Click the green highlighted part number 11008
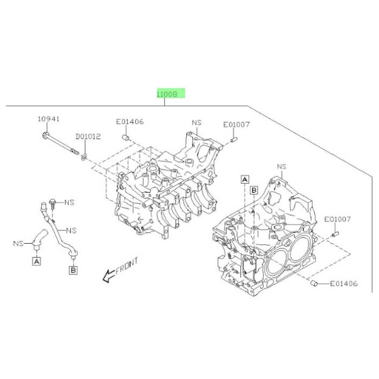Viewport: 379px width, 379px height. click(x=171, y=94)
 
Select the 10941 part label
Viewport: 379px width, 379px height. click(x=49, y=119)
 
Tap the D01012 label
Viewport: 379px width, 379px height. click(x=88, y=136)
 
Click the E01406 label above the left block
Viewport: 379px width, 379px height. click(x=130, y=122)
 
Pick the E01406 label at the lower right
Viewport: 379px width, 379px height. click(x=344, y=283)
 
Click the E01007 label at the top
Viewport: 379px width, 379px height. click(x=236, y=125)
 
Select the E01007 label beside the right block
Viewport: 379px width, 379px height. click(x=337, y=219)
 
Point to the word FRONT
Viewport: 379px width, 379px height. click(x=127, y=266)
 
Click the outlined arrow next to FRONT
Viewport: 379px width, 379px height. click(x=109, y=276)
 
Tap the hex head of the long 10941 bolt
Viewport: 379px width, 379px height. click(x=45, y=135)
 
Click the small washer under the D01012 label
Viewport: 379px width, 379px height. click(x=84, y=157)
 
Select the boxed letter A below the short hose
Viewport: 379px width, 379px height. click(x=36, y=262)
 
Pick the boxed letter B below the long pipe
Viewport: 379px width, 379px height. click(x=73, y=270)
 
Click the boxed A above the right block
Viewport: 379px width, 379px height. click(x=245, y=180)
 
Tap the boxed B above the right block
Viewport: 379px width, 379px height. click(x=254, y=190)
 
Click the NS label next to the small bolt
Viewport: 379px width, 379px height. click(x=69, y=202)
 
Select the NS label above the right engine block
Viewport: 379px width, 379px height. click(x=282, y=167)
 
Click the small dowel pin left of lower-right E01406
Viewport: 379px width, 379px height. click(x=313, y=283)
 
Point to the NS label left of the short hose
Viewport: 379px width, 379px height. click(x=18, y=243)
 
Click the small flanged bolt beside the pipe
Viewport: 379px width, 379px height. click(x=52, y=204)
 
